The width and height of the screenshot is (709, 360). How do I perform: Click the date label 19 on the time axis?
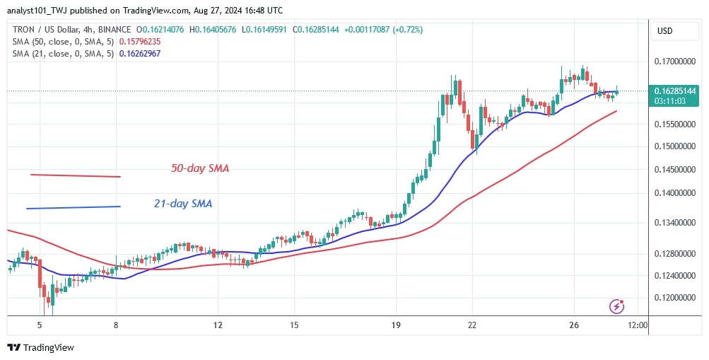pos(396,325)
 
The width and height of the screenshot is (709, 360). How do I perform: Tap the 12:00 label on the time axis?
pos(637,325)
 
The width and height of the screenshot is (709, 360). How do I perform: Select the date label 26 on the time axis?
pos(574,325)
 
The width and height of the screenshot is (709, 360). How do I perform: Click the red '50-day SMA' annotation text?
pos(200,169)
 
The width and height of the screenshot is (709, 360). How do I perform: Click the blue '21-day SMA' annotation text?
pos(183,204)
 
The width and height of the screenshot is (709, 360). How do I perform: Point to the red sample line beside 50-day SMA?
pos(76,175)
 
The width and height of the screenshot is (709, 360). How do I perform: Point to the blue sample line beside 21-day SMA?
pos(73,207)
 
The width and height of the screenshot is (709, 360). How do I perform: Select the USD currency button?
pos(665,31)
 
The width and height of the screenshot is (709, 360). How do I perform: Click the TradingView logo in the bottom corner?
pos(40,347)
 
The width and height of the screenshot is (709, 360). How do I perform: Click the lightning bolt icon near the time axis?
pos(617,306)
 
